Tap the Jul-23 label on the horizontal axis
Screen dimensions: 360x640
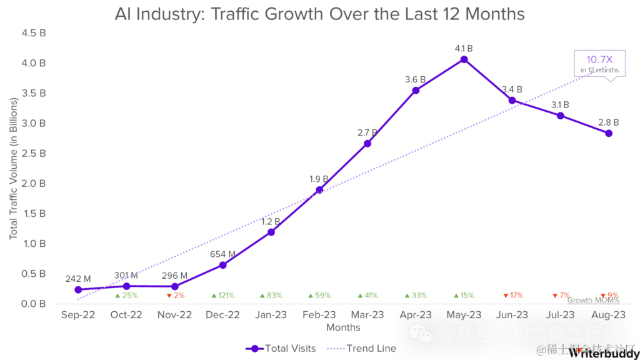click(561, 314)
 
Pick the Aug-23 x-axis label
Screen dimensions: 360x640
click(609, 314)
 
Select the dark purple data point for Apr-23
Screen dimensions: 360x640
click(416, 91)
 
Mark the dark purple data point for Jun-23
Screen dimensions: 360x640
click(512, 101)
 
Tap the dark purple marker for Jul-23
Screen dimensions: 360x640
click(561, 116)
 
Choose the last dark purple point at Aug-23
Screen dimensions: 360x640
click(609, 133)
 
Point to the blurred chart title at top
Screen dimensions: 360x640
click(319, 15)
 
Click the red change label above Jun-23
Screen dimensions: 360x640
click(512, 295)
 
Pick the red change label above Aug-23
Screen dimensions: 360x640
click(609, 295)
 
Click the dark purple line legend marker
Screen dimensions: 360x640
click(255, 349)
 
